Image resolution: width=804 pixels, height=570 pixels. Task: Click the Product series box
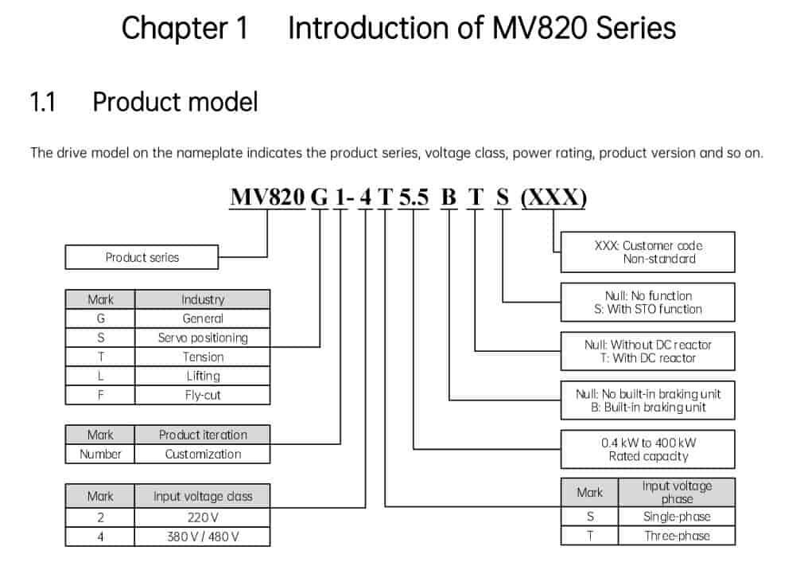(142, 257)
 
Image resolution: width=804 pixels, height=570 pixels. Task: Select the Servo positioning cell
(202, 338)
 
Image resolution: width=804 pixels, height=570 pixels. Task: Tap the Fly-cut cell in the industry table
(202, 395)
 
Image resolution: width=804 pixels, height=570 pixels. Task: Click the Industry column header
(202, 299)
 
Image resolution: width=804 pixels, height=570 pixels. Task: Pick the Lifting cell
(202, 376)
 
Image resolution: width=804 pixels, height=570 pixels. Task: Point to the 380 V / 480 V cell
(202, 537)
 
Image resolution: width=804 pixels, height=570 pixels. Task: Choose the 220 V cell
(202, 517)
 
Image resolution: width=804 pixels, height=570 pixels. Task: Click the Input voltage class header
(202, 496)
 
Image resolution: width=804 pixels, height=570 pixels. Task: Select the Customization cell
(202, 454)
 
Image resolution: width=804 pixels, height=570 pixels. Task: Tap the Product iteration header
(202, 435)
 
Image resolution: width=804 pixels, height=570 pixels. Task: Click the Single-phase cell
(677, 516)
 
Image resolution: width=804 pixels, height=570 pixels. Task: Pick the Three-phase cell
(677, 536)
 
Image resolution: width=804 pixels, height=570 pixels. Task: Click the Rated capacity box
(647, 449)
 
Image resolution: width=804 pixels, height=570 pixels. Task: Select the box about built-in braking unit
(647, 400)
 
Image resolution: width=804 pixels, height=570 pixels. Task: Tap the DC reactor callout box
(647, 351)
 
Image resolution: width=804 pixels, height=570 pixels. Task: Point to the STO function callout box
(647, 303)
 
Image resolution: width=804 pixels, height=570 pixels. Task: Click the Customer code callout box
(647, 252)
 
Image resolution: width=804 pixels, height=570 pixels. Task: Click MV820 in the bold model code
(267, 196)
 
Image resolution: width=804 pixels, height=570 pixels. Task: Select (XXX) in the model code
(553, 196)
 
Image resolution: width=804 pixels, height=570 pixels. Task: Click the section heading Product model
(175, 103)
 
